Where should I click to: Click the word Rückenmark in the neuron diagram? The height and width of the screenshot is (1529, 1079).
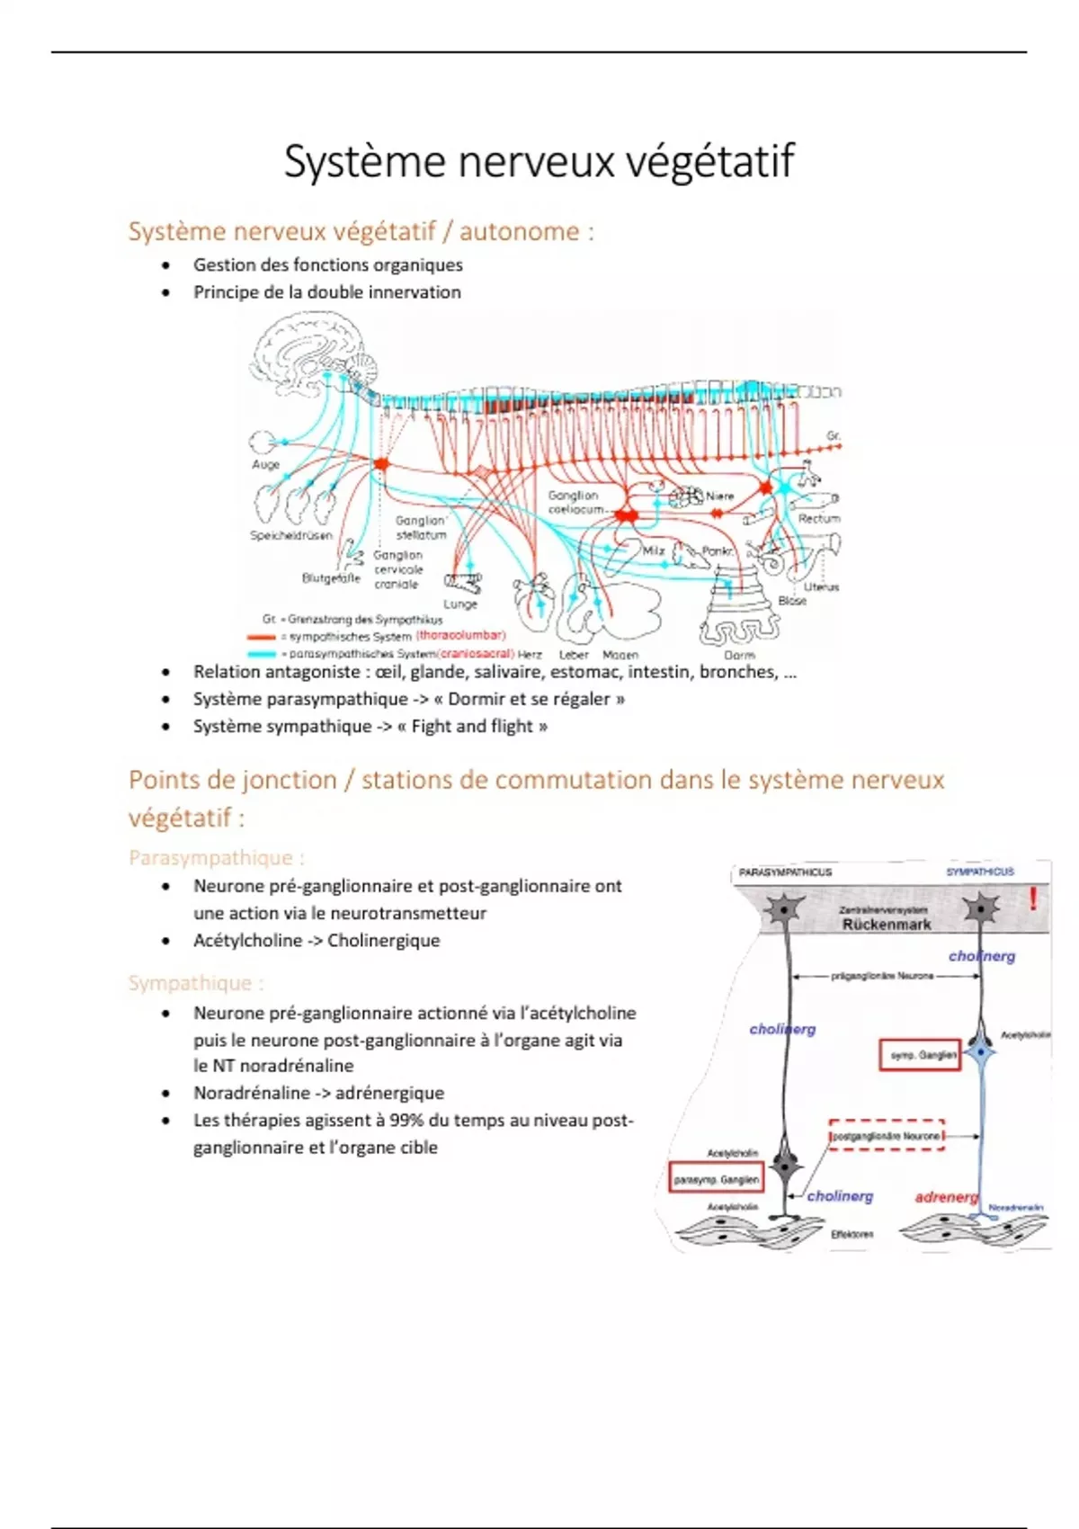pos(887,924)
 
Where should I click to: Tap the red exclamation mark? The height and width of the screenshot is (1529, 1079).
pos(1034,898)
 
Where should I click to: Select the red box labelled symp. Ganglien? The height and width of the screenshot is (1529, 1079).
pos(920,1055)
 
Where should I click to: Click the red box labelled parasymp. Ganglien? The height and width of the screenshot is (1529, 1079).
pos(717,1178)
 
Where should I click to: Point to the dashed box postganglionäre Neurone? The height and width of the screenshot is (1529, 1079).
pos(886,1136)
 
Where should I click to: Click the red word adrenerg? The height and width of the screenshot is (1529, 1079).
pos(946,1197)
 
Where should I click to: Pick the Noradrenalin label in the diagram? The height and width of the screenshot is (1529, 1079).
pos(1016,1207)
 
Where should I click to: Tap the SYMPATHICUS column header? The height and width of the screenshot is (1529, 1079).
pos(980,872)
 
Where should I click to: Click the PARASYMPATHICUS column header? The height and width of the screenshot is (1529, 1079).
pos(785,872)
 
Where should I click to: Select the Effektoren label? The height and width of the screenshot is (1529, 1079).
pos(852,1234)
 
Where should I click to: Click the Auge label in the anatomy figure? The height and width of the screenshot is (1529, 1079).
pos(265,465)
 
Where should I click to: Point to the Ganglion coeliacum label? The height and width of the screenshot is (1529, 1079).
pos(575,502)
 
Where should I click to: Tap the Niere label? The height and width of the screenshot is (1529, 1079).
pos(719,496)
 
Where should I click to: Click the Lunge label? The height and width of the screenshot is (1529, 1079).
pos(459,604)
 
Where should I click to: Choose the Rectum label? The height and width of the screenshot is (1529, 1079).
pos(818,519)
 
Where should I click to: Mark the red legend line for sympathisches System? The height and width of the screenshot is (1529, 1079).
pos(262,636)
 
